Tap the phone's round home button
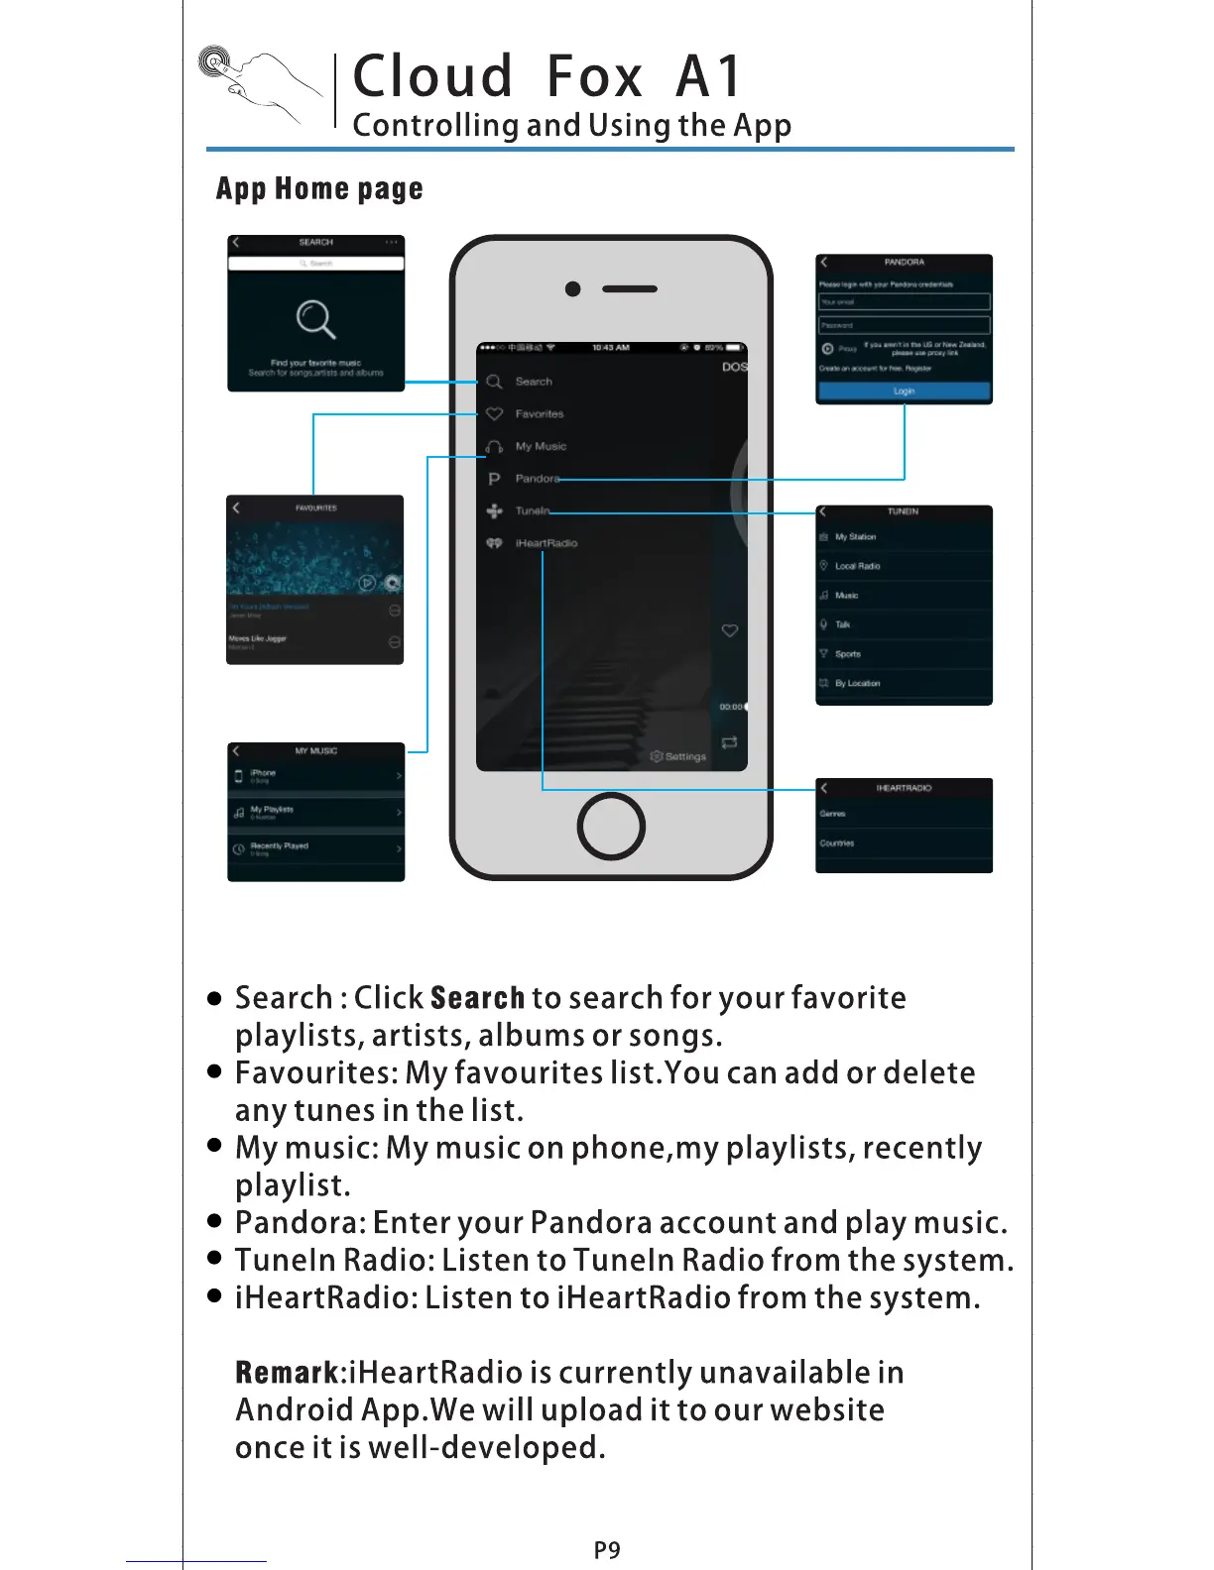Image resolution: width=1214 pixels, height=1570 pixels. point(611,827)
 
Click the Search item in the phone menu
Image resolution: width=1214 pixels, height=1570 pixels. point(533,382)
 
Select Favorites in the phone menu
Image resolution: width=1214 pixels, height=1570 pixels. point(539,414)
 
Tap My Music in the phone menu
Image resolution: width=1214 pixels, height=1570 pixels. point(541,446)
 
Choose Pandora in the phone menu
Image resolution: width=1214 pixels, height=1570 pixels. point(537,479)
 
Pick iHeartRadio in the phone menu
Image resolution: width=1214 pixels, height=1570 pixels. point(546,543)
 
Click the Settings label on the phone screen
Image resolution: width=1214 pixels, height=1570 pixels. point(684,756)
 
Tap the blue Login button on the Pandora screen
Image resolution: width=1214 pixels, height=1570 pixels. point(904,392)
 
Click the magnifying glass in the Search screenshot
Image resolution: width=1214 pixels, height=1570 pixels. point(315,319)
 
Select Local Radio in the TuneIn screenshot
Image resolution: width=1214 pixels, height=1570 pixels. point(857,566)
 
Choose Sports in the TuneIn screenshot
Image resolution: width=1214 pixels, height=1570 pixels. point(847,654)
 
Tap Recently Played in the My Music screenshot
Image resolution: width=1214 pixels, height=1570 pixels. point(279,846)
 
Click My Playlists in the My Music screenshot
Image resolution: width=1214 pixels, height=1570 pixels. point(272,810)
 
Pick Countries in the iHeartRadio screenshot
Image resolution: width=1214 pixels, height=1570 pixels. point(837,843)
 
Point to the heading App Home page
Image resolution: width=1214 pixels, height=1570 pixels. point(319,188)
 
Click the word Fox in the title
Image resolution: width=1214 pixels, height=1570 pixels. point(594,77)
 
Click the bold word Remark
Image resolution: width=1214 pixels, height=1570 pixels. point(288,1373)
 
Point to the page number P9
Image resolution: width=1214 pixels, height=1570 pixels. point(607,1549)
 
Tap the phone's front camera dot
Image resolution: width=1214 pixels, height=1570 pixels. point(572,289)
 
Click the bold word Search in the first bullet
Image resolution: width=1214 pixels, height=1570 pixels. point(477,998)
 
